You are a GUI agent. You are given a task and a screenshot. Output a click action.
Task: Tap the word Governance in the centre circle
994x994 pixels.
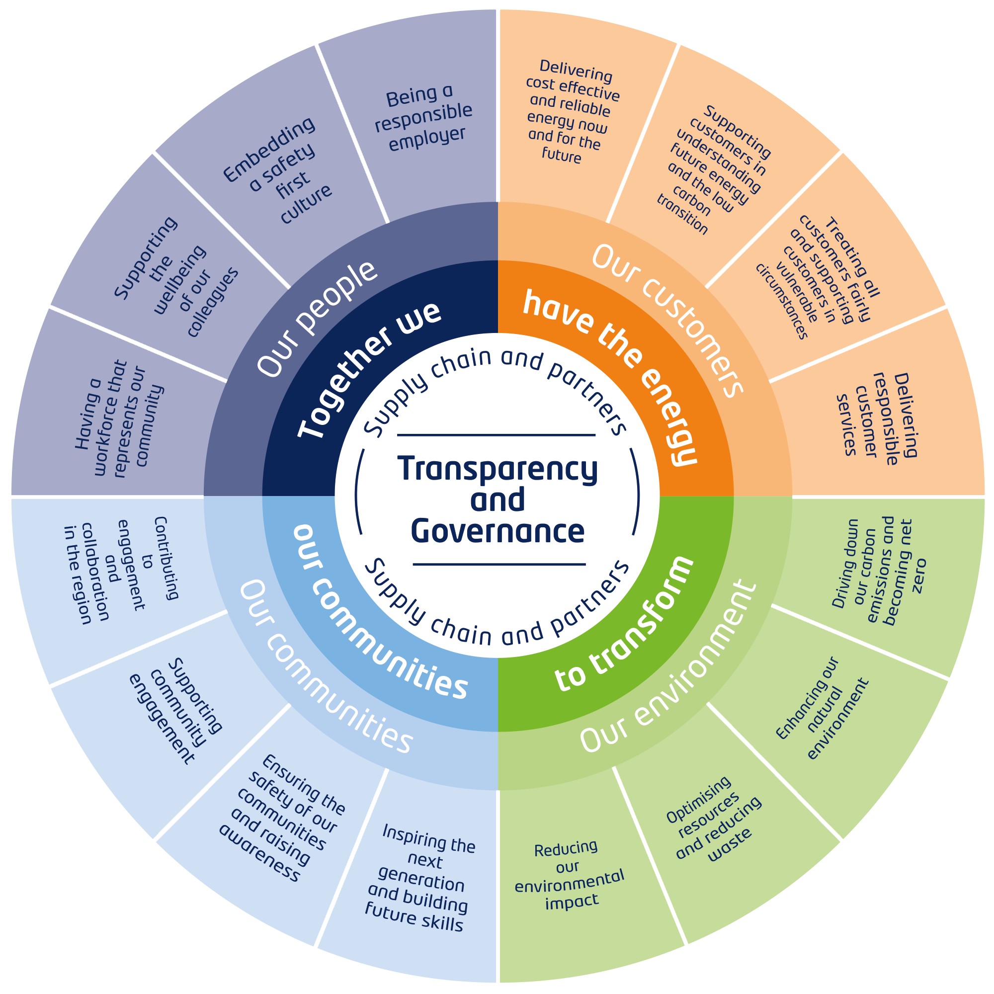pos(497,531)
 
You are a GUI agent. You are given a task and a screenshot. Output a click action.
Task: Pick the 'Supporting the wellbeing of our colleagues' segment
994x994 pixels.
pos(175,278)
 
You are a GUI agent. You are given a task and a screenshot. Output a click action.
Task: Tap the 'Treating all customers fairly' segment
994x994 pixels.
pos(818,278)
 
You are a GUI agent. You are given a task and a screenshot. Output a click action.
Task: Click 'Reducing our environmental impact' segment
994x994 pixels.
pos(569,875)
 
